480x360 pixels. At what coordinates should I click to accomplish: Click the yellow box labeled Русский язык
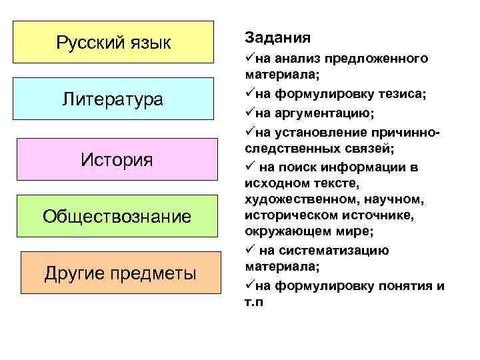(x=113, y=43)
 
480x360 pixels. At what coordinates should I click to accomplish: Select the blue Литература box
(x=113, y=100)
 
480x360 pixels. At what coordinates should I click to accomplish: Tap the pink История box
(x=117, y=160)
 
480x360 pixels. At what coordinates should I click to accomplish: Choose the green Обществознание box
(x=117, y=216)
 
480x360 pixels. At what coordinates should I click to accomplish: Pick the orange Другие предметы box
(x=120, y=273)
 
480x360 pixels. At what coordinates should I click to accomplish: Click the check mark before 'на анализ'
(x=250, y=59)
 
